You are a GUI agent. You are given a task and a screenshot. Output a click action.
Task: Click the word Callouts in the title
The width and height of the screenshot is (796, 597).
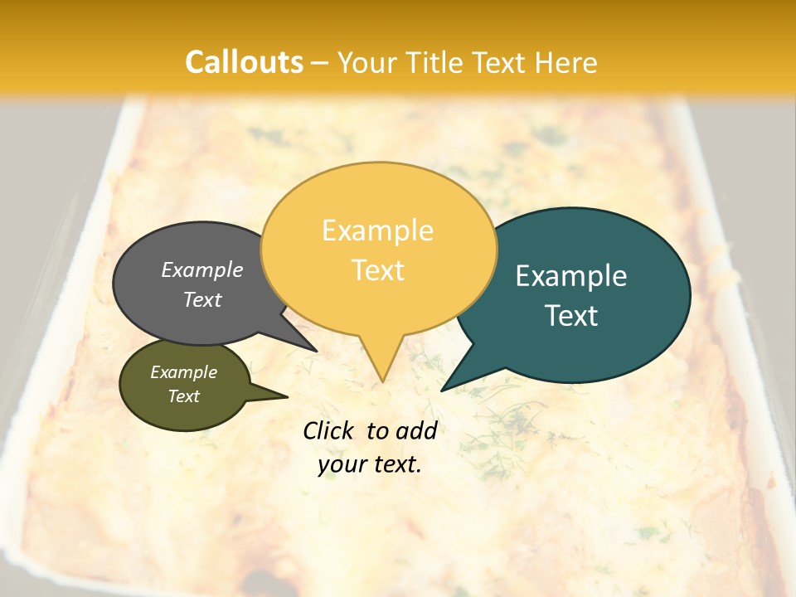click(x=244, y=63)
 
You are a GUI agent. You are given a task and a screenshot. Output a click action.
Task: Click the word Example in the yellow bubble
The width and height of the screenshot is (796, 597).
click(x=377, y=231)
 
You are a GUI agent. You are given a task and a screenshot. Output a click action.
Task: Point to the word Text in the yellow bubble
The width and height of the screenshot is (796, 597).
click(x=378, y=270)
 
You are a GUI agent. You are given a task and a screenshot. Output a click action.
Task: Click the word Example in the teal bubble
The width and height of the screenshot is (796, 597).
click(x=571, y=276)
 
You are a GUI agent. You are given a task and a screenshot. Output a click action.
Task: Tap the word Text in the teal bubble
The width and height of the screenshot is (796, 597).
click(x=572, y=316)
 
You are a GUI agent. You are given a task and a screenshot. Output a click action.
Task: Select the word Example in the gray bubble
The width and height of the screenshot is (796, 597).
click(x=202, y=269)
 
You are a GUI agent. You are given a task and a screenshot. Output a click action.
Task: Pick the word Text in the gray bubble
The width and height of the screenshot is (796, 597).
click(x=202, y=299)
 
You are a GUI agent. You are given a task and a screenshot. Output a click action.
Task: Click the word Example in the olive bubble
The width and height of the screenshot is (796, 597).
click(x=184, y=372)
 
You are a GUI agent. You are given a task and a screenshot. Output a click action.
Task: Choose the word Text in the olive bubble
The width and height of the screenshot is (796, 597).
click(x=184, y=396)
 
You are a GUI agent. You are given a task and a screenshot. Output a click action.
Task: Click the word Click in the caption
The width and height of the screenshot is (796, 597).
click(x=329, y=430)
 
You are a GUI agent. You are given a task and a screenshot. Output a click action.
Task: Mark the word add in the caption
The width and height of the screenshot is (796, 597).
click(x=417, y=430)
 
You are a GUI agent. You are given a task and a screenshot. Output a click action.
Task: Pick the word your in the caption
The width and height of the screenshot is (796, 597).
click(x=342, y=464)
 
